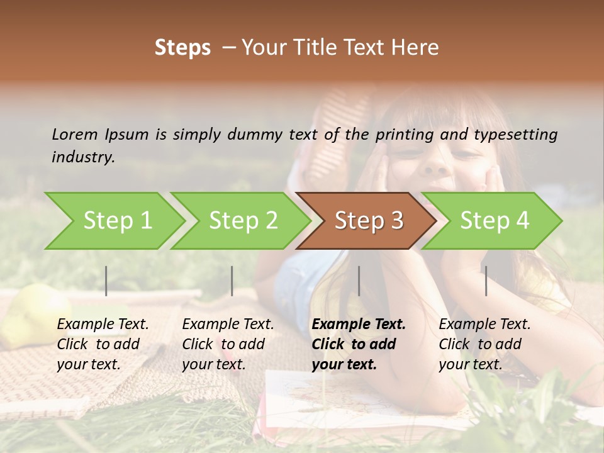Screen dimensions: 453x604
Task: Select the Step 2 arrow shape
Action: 241,221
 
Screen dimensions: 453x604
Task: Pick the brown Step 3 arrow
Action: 367,221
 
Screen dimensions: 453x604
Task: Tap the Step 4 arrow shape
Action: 493,221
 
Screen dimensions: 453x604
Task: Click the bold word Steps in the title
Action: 182,48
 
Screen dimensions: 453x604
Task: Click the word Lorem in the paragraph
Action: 75,135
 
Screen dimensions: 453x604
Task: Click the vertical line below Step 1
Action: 106,281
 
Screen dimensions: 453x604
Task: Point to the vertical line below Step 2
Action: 232,281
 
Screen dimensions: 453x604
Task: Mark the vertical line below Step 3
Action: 359,281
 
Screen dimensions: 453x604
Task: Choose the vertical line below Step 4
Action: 486,281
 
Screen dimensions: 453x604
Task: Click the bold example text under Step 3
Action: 358,344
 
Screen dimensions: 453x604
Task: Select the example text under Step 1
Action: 103,344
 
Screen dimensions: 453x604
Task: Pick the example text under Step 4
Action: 484,344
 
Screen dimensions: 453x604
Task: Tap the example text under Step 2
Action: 228,344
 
